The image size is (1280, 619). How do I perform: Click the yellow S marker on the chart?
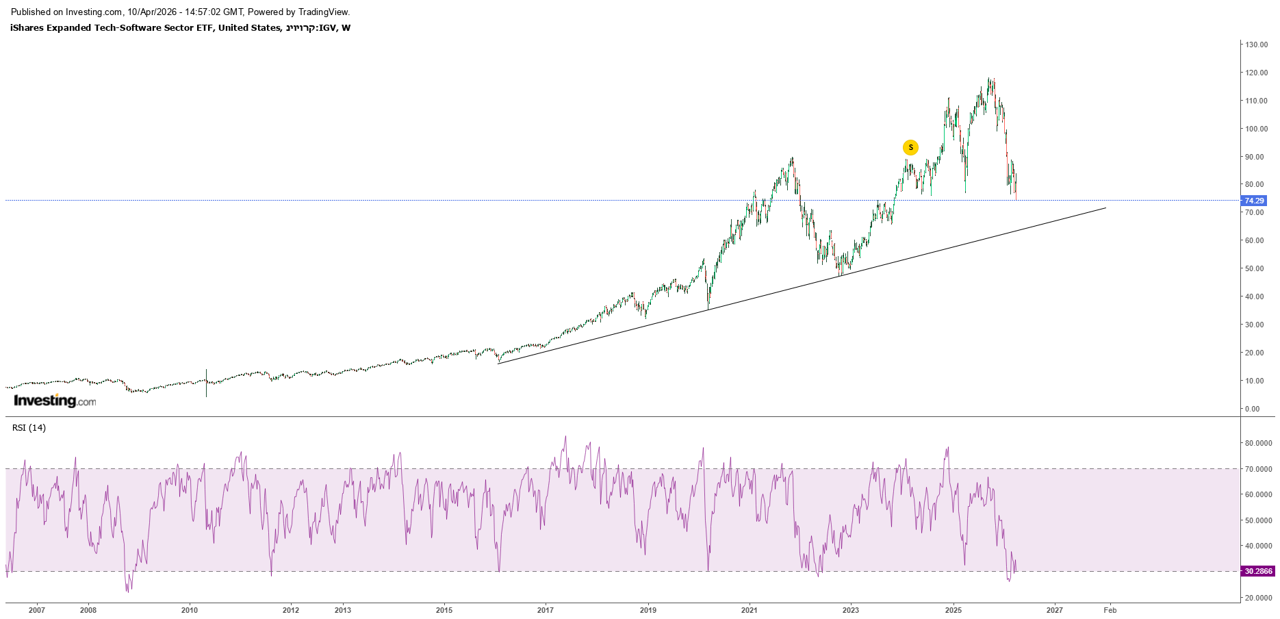click(x=910, y=147)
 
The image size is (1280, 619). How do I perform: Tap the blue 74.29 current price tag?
click(x=1254, y=201)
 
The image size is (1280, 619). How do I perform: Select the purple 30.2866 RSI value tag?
click(x=1258, y=571)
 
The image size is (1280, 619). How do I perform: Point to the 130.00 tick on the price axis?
click(x=1257, y=45)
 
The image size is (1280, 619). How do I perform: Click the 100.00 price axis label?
click(x=1257, y=129)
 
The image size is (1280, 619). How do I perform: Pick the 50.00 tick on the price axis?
click(x=1255, y=268)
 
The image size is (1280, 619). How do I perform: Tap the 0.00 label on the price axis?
click(x=1253, y=409)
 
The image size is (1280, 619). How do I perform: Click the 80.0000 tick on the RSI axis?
click(x=1259, y=443)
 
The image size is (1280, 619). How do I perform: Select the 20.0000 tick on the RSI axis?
click(x=1259, y=598)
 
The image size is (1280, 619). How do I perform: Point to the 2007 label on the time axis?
click(x=37, y=610)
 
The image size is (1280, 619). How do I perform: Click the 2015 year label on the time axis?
click(x=444, y=610)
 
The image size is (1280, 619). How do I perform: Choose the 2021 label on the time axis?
click(x=750, y=610)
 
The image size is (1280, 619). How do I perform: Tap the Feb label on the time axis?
click(x=1110, y=610)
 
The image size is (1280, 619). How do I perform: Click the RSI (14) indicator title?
click(x=29, y=428)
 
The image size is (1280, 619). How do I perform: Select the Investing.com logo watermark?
click(x=55, y=401)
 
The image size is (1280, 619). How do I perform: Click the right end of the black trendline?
click(x=1105, y=207)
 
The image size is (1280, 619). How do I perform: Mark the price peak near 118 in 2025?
click(x=990, y=79)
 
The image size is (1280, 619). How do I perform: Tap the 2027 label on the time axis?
click(x=1055, y=610)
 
